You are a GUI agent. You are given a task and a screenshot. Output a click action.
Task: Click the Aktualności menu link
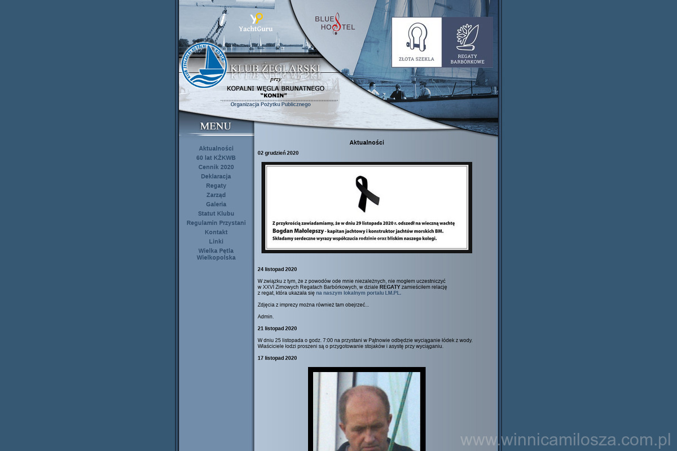click(216, 148)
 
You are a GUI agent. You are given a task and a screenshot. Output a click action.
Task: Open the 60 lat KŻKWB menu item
click(216, 158)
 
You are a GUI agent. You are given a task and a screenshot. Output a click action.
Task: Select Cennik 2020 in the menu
click(216, 167)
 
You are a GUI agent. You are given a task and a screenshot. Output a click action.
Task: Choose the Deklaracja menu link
click(216, 176)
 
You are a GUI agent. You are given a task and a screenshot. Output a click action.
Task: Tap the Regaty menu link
click(216, 185)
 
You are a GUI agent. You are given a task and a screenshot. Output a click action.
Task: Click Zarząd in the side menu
click(216, 195)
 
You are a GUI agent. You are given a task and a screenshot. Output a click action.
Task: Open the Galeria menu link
click(216, 204)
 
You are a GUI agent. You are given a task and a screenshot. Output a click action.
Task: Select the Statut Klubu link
click(216, 214)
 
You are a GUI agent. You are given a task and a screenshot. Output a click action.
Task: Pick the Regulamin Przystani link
click(216, 223)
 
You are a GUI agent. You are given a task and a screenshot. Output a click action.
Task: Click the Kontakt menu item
click(216, 232)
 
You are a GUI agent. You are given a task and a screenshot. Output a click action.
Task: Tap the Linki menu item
click(216, 241)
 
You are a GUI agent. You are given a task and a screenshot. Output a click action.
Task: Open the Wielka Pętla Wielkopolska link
click(216, 254)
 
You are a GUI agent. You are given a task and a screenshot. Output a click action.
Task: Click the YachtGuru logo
click(256, 23)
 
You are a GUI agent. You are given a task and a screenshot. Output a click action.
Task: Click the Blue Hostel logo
click(335, 24)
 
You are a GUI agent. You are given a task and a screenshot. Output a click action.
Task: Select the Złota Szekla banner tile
click(417, 42)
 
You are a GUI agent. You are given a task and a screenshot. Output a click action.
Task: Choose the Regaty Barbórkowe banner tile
click(467, 42)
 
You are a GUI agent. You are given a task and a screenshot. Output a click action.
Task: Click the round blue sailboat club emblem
click(204, 65)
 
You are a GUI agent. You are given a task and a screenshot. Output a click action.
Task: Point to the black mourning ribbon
click(367, 193)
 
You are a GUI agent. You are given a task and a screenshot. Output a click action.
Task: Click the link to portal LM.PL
click(358, 293)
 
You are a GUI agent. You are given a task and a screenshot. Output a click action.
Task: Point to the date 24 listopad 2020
click(277, 269)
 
